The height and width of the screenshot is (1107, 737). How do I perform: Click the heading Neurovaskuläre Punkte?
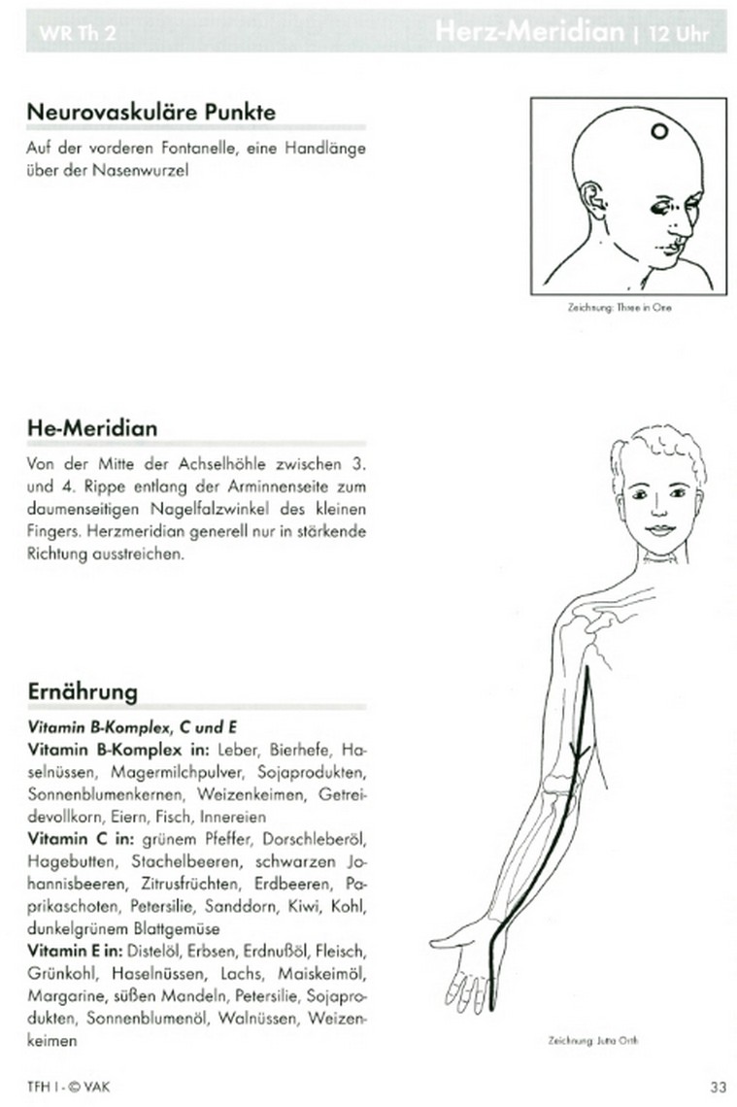[151, 112]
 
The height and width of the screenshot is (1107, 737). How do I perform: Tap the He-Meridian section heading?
[92, 428]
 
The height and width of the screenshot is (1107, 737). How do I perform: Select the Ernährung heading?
[83, 692]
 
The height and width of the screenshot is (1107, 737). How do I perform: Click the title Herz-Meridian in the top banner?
[529, 32]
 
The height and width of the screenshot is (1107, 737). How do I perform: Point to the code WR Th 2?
[66, 34]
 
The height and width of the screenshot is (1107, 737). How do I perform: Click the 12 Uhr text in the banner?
[678, 34]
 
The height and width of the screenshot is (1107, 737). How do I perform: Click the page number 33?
[718, 1086]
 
